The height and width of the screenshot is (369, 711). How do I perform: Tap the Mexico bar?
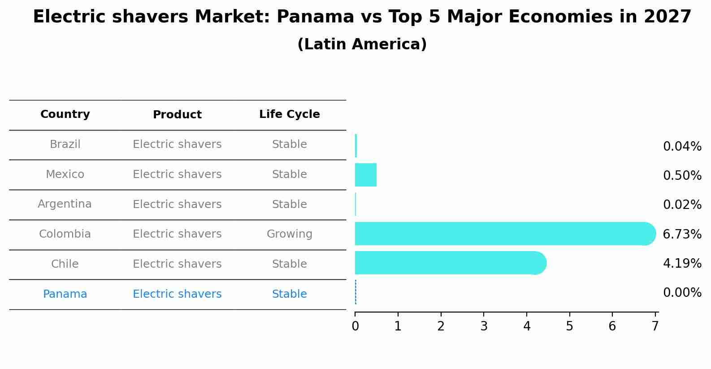pos(366,175)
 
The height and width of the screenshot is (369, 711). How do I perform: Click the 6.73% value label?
pos(682,234)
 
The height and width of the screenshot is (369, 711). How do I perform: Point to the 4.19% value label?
pos(682,263)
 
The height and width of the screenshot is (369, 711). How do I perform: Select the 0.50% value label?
pos(682,175)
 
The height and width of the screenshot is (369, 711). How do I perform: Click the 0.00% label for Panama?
pos(682,293)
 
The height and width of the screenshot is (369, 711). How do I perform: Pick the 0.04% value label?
pos(682,146)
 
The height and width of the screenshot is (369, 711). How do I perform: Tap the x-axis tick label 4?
pos(527,326)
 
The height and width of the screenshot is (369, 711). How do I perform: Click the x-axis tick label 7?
pos(655,326)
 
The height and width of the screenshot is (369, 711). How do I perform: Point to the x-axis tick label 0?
pos(355,326)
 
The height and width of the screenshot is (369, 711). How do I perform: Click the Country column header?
pos(65,114)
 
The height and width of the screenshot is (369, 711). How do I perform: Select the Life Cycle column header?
pos(289,114)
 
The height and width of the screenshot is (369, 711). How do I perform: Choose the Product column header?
pos(177,115)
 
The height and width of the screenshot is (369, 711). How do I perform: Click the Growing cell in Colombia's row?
pos(289,234)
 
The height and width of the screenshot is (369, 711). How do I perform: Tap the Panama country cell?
pos(65,294)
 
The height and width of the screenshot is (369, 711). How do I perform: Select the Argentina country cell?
pos(65,204)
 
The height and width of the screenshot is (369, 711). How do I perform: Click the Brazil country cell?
pos(65,144)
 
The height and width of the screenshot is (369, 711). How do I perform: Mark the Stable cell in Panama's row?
pos(289,294)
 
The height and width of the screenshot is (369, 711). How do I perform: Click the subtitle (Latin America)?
pos(362,44)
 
